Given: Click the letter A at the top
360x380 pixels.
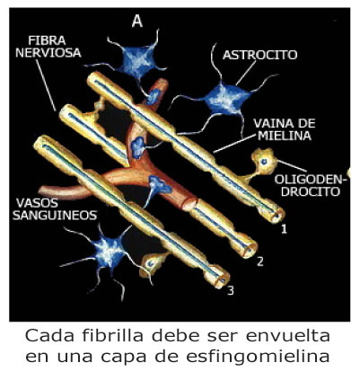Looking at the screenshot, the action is [x=137, y=21].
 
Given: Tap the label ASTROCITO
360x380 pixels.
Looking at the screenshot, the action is [x=260, y=55].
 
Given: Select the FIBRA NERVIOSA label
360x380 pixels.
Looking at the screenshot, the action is [x=48, y=47].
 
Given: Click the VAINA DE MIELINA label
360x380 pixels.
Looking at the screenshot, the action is [x=285, y=129].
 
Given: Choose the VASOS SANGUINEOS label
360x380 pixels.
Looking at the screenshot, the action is [x=55, y=209].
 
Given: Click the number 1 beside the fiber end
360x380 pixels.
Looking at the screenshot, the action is [x=284, y=229].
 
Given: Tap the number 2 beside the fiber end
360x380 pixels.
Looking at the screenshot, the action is [x=260, y=261].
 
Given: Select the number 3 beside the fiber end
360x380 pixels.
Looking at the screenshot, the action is [x=230, y=290].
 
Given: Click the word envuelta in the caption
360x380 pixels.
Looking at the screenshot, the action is [x=288, y=335].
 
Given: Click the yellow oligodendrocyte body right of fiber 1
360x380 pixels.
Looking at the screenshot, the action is [x=264, y=162].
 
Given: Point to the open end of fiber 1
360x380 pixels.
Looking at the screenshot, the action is [x=276, y=215].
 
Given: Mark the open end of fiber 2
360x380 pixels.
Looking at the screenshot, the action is [x=249, y=247].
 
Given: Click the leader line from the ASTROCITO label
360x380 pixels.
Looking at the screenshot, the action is [x=246, y=73].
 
